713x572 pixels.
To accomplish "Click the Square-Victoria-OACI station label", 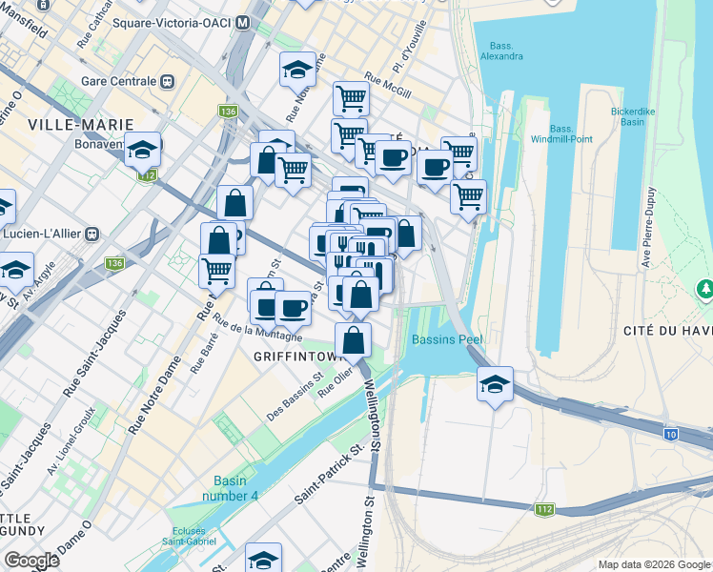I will pos(173,22).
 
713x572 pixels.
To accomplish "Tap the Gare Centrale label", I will pos(119,82).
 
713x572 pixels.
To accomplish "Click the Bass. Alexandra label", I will pos(505,51).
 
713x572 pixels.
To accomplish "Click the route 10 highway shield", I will pos(670,434).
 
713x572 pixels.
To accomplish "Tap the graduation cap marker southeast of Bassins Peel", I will pos(495,384).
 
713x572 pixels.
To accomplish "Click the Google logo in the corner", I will pos(31,561).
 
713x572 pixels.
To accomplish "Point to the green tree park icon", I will pos(706,287).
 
